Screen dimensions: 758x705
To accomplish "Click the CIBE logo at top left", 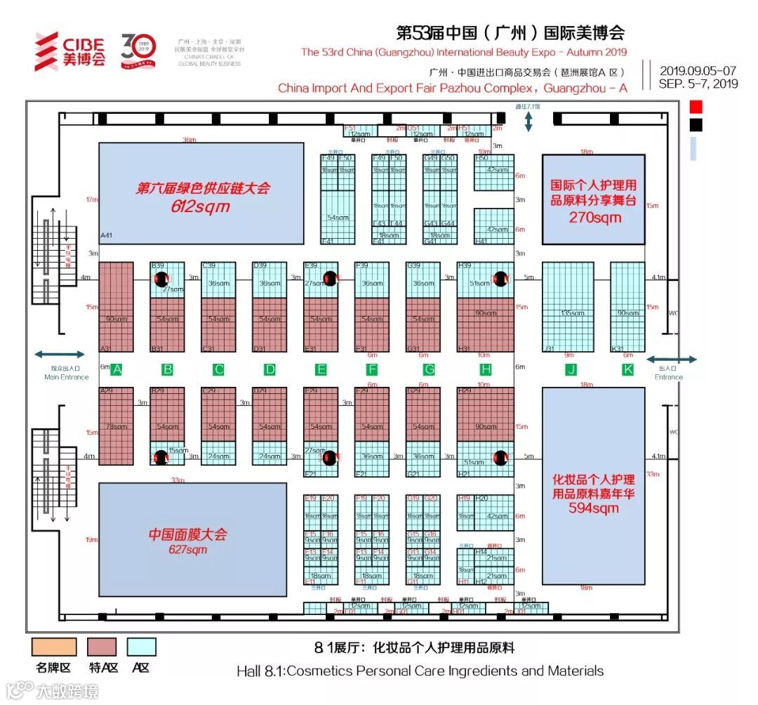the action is point(70,51).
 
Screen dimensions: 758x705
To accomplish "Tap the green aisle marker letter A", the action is point(117,369).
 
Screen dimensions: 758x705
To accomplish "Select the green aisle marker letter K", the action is point(627,369).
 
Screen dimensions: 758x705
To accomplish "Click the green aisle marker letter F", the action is point(372,369).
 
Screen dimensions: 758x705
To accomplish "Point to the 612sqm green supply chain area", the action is point(201,193).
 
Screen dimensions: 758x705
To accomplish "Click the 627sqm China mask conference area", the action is point(192,539).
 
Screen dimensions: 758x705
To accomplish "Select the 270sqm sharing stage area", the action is point(593,199).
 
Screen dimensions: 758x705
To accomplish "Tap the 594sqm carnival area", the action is point(593,485).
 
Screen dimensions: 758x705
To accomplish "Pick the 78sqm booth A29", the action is point(116,426).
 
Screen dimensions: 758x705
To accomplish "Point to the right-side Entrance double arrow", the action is point(672,359).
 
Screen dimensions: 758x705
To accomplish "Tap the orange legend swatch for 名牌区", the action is point(54,647).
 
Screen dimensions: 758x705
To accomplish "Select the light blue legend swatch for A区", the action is point(141,647).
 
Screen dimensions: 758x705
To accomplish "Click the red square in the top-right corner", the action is point(696,107).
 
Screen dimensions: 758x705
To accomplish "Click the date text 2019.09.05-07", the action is point(698,70).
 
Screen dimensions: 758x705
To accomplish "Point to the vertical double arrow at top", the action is point(528,121).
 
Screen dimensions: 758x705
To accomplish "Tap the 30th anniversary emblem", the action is point(138,49).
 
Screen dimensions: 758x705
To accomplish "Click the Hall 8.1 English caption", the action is point(420,671).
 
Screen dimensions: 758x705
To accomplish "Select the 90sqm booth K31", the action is point(627,308).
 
